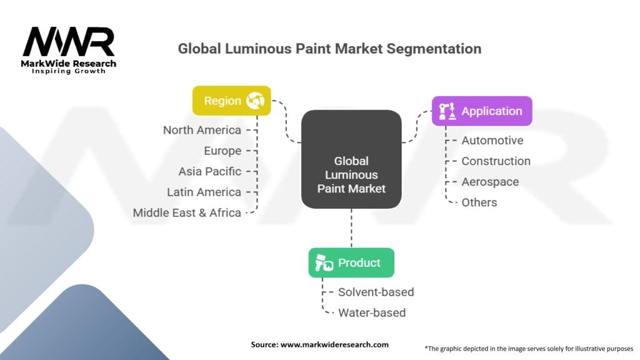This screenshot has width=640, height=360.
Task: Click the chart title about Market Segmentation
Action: [x=329, y=49]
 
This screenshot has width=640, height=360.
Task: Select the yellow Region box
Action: [x=231, y=101]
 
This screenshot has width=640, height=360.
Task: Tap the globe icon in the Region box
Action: [x=256, y=101]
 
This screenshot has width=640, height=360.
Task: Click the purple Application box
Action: [x=482, y=111]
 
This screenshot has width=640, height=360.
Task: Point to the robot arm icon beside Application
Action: [x=447, y=112]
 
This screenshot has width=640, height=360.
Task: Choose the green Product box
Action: [x=351, y=262]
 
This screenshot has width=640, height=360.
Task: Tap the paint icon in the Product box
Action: [x=324, y=263]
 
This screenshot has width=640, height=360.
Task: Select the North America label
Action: [x=202, y=130]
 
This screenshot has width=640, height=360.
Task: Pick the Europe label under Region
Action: [x=222, y=151]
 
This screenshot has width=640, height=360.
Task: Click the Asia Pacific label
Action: [x=209, y=171]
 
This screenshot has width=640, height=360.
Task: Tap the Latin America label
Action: [x=204, y=192]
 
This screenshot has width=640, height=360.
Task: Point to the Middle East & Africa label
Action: [x=187, y=212]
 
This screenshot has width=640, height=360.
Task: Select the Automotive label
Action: [x=492, y=141]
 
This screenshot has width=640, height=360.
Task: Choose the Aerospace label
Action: [x=490, y=182]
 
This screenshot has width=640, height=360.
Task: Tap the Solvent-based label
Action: [x=376, y=292]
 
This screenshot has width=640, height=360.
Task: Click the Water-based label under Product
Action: [x=371, y=312]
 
